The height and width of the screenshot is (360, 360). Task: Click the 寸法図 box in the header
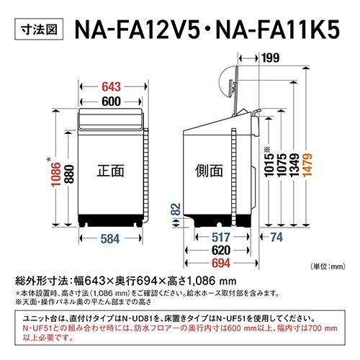[36, 31]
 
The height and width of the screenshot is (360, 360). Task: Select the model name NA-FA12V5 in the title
[135, 31]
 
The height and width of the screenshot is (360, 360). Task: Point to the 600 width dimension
[109, 102]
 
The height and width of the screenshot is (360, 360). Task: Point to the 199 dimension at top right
[270, 58]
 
